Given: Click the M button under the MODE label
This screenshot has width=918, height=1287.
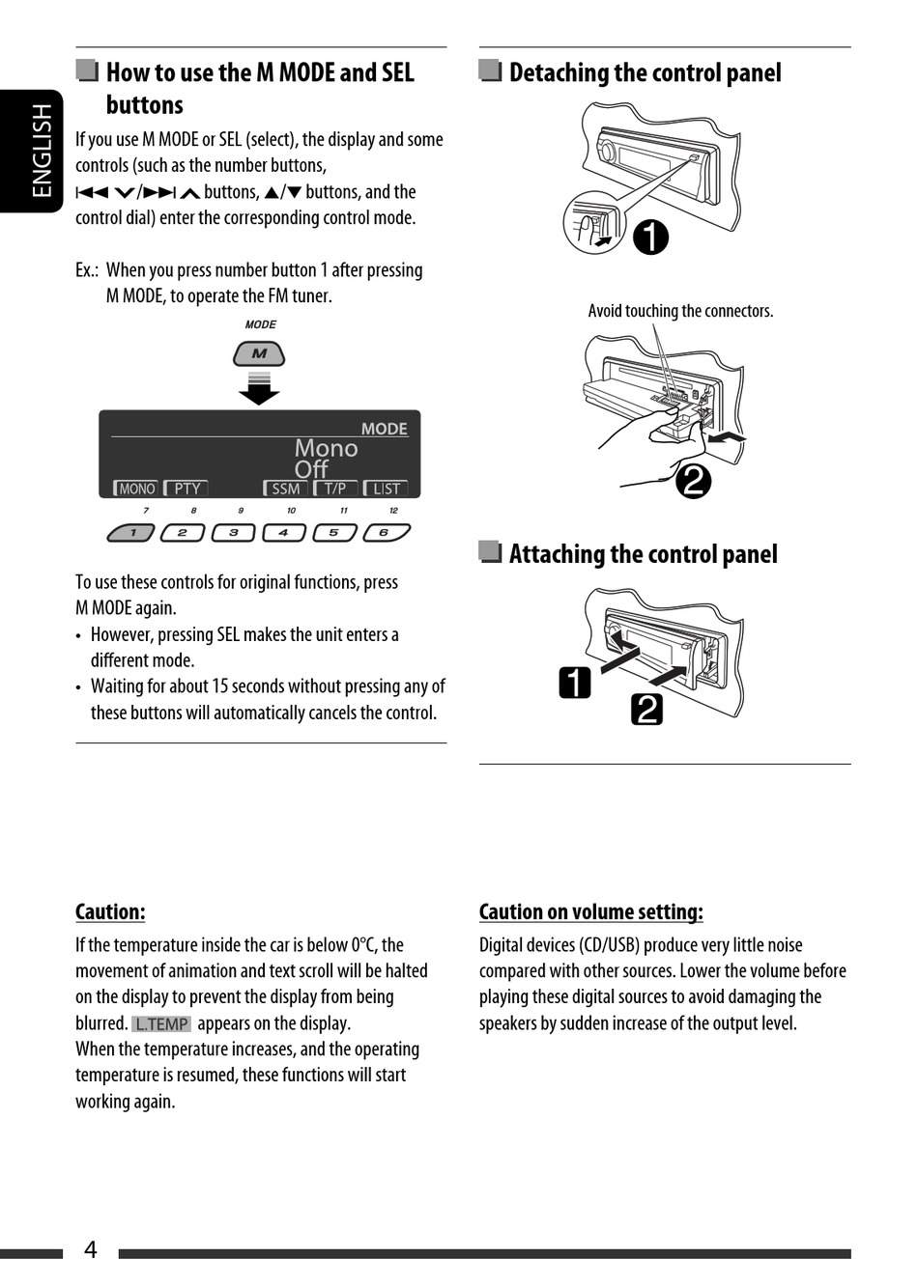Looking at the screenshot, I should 259,354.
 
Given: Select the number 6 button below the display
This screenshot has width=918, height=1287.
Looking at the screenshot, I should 386,532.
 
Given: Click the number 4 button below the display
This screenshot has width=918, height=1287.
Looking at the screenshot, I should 283,532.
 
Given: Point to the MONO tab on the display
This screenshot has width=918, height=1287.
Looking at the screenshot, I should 135,489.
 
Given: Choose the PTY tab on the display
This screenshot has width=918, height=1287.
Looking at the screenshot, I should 186,489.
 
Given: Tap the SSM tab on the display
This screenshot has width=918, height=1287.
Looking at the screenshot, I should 285,489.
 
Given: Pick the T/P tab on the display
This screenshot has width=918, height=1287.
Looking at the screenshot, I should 335,489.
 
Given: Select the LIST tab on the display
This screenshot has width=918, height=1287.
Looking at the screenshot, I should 386,489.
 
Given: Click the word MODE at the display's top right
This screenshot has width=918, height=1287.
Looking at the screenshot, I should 384,429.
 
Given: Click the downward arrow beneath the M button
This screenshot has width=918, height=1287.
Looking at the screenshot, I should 259,390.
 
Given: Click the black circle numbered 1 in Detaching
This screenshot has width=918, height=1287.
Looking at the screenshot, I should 650,237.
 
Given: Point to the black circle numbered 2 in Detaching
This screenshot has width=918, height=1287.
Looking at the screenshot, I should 692,480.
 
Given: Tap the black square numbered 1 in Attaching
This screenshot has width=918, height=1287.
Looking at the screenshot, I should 575,683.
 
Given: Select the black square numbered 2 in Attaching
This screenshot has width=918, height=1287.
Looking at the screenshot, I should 646,710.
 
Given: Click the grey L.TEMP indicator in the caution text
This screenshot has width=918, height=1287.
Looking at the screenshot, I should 161,1023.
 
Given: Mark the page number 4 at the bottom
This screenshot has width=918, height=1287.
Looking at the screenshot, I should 91,1249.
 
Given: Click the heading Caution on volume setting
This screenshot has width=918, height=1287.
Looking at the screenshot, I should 590,911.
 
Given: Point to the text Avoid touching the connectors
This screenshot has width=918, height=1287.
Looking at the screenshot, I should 680,311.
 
